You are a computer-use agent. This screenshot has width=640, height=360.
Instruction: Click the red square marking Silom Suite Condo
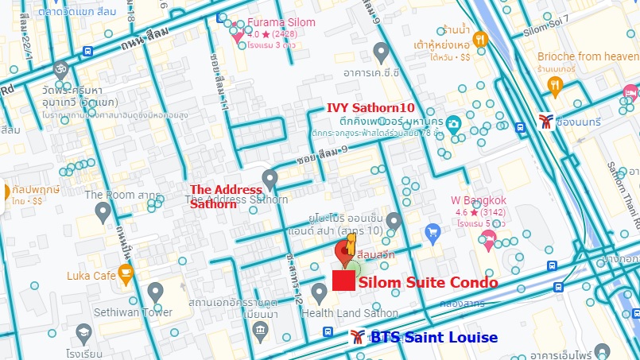click(x=343, y=281)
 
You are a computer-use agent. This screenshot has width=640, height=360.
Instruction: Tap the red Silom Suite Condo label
click(x=429, y=282)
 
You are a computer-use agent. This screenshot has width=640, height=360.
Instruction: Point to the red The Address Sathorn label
click(x=226, y=196)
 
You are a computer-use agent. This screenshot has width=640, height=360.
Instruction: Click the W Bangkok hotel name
click(x=479, y=200)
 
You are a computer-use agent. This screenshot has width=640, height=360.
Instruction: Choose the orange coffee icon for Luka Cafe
click(x=126, y=274)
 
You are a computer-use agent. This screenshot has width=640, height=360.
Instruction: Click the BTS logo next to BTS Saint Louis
click(x=358, y=337)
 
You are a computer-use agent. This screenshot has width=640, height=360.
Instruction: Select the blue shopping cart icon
click(x=433, y=232)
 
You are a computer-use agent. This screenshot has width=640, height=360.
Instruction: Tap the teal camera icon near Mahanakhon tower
click(x=452, y=124)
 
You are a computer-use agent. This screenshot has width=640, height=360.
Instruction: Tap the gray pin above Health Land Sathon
click(x=320, y=293)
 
